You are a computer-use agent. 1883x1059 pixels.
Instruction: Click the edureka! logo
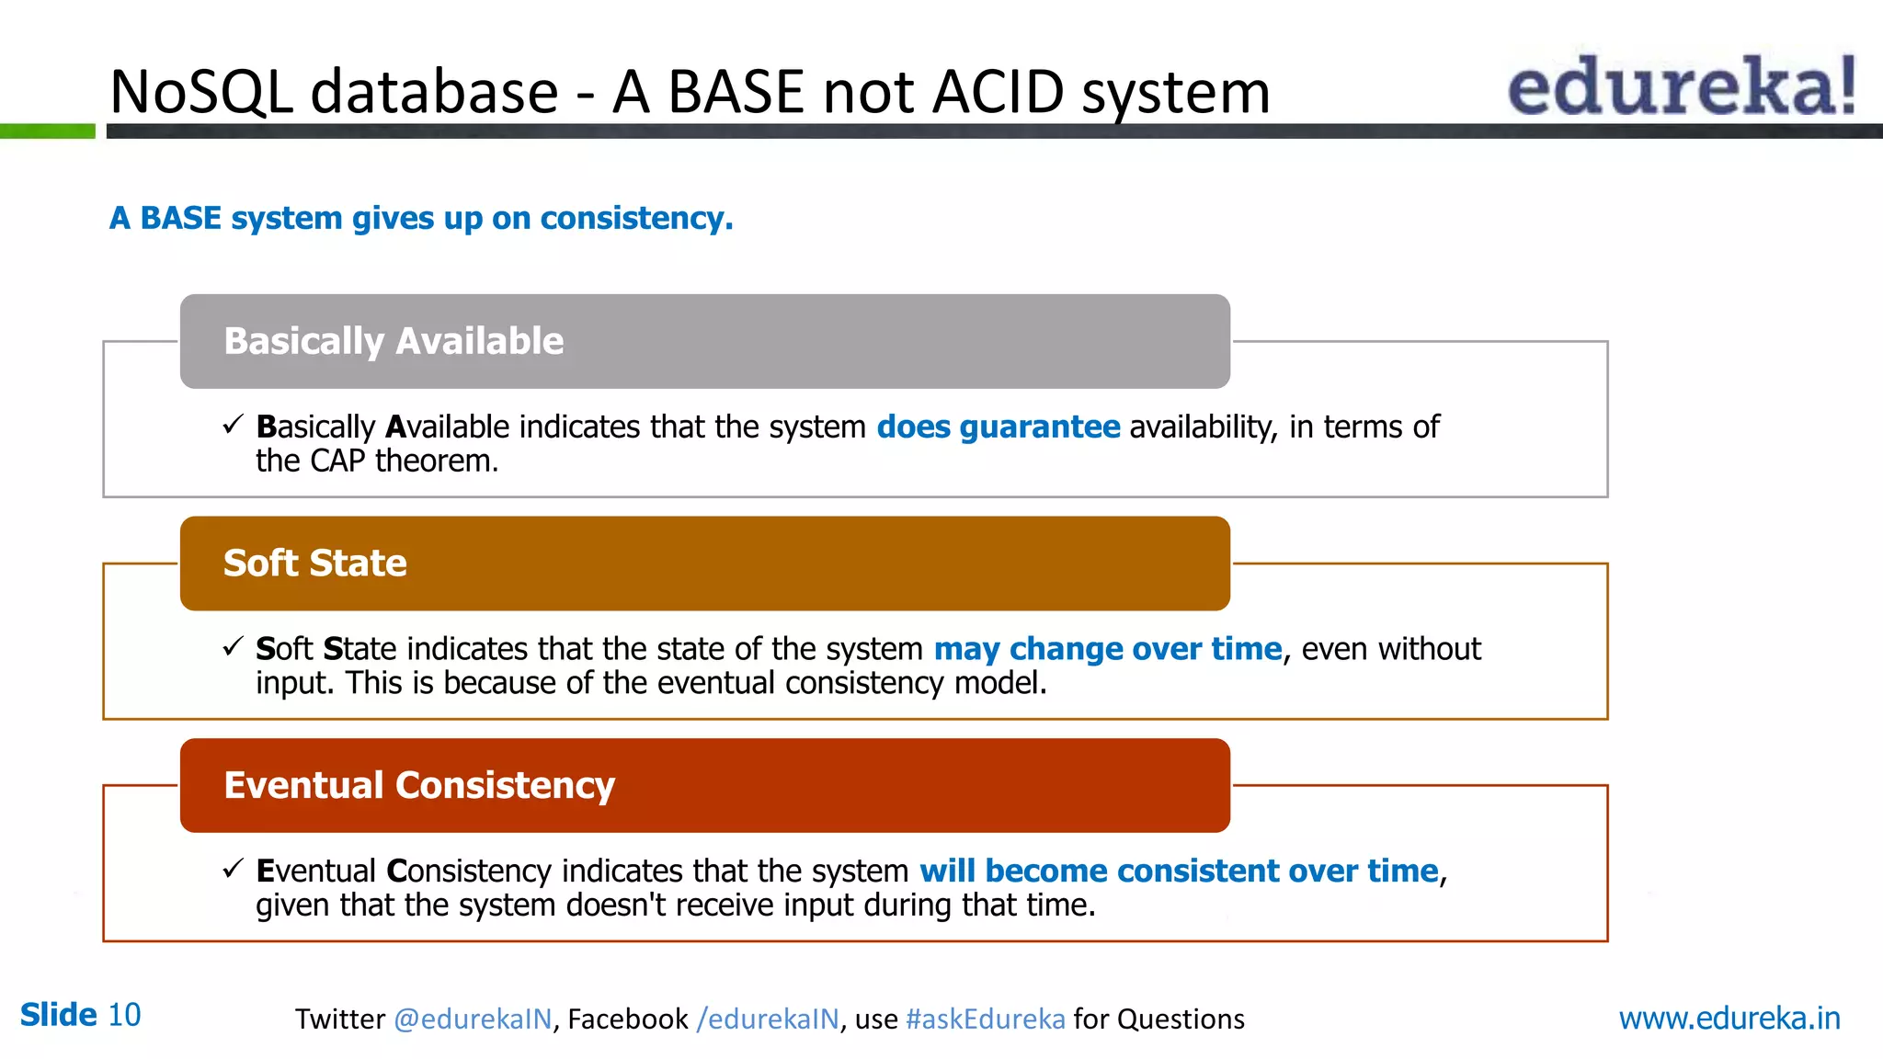point(1681,85)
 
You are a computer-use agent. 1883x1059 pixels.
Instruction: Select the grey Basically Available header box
point(704,341)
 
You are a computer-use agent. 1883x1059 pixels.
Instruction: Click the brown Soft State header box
point(704,564)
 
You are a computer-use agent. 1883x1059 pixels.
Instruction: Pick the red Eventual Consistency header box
point(704,786)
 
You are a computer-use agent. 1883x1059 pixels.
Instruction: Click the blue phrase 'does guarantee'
point(998,427)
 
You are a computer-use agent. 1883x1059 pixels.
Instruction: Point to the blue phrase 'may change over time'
point(1107,649)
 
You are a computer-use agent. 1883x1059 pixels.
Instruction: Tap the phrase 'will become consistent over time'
point(1178,871)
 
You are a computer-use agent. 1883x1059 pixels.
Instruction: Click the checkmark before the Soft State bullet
point(233,647)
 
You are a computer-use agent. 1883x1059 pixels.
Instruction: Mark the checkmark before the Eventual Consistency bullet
point(233,869)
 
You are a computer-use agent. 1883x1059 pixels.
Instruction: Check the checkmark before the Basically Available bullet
point(233,425)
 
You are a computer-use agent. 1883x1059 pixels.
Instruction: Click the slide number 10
point(124,1015)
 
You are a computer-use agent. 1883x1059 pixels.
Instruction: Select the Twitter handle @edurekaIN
point(473,1019)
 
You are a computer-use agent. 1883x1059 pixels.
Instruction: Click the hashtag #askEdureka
point(985,1019)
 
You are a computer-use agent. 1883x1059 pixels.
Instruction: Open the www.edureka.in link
point(1729,1019)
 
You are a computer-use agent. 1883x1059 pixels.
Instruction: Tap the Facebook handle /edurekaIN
point(768,1019)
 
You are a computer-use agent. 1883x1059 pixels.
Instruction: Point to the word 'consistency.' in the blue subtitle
point(636,219)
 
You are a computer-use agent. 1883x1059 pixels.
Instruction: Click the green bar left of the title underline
point(47,131)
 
